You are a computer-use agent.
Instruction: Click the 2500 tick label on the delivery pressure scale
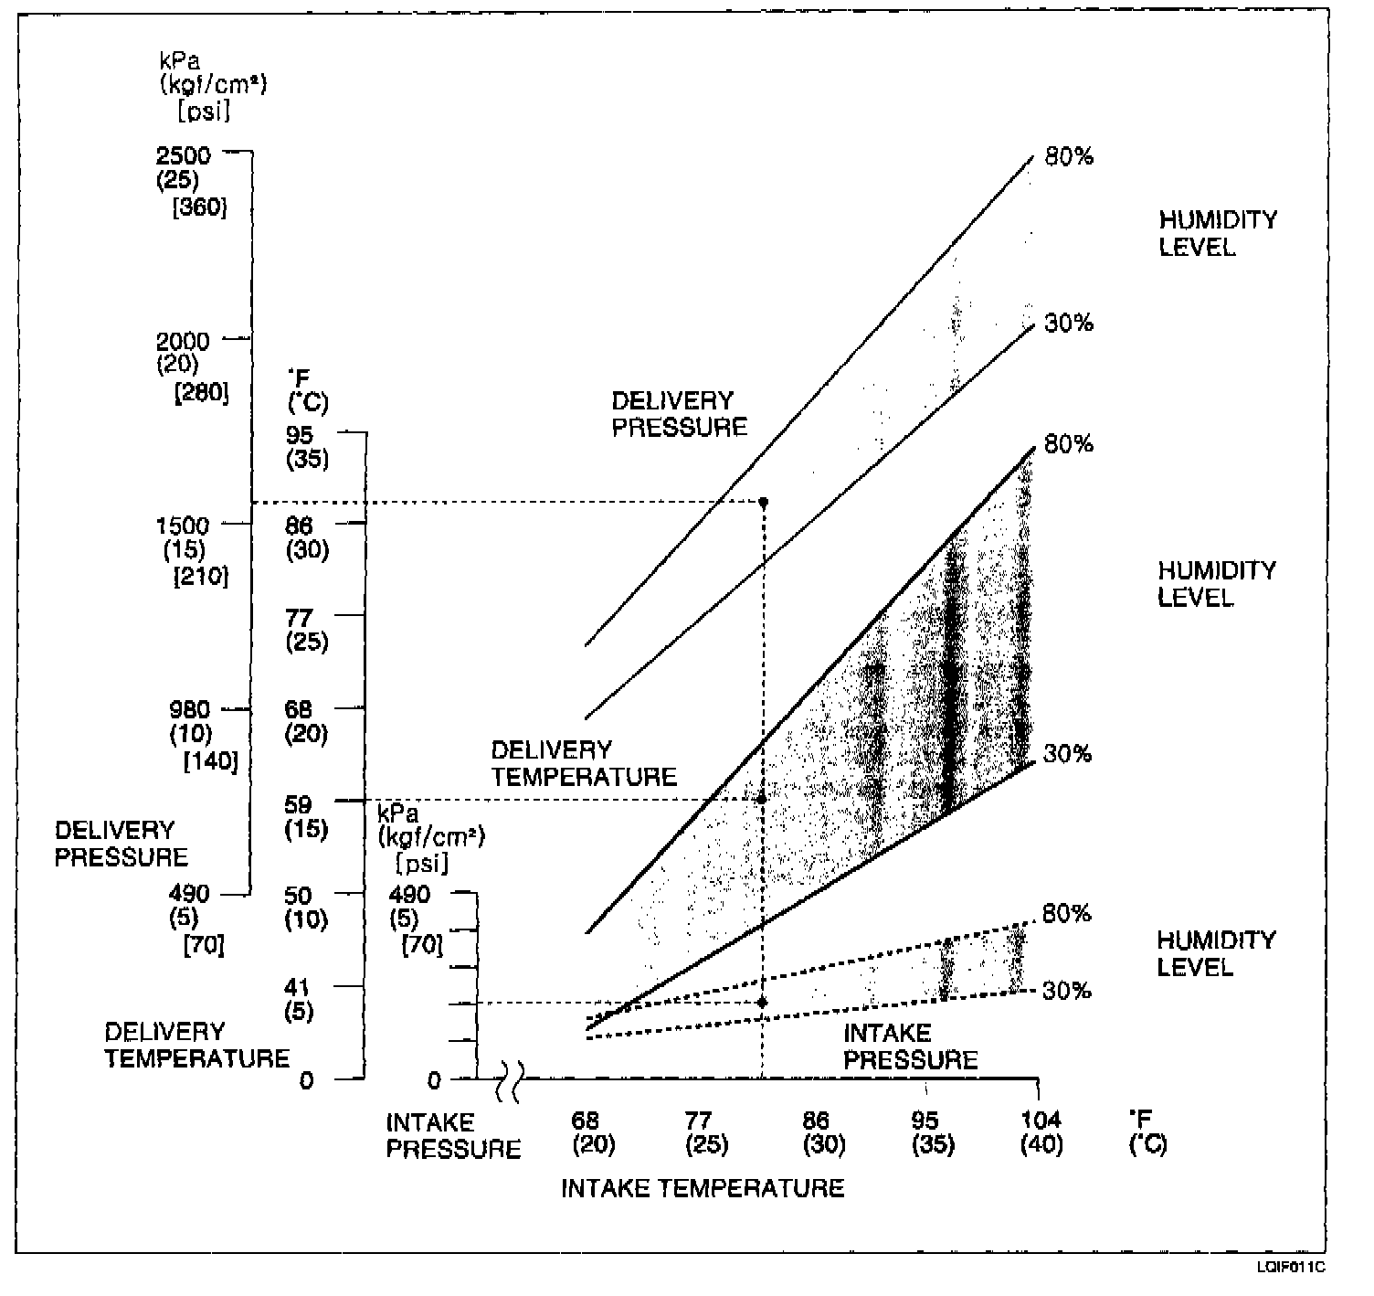coord(183,155)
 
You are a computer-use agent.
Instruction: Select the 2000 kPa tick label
coord(183,342)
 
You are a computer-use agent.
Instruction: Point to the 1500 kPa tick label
coord(183,526)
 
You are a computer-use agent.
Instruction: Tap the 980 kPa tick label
coord(189,709)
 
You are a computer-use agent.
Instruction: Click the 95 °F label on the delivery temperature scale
coord(300,435)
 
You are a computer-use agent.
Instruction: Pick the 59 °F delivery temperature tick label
coord(300,804)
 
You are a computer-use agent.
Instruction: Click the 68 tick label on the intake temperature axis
coord(586,1120)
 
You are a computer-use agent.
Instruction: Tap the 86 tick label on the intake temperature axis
coord(815,1120)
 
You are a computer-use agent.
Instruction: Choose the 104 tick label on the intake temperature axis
coord(1041,1120)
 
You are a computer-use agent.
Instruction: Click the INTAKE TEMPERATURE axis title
coord(702,1188)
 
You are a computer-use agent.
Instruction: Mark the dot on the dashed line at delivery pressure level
coord(764,503)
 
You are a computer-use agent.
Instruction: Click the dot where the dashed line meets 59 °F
coord(762,799)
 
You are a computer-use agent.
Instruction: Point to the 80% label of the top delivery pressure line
coord(1069,157)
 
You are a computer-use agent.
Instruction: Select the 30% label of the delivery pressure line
coord(1069,324)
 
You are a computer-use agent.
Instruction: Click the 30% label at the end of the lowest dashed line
coord(1067,991)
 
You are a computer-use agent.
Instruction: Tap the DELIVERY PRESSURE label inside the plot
coord(679,414)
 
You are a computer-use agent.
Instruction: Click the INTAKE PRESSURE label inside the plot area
coord(910,1046)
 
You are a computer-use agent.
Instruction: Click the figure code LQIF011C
coord(1290,1268)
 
